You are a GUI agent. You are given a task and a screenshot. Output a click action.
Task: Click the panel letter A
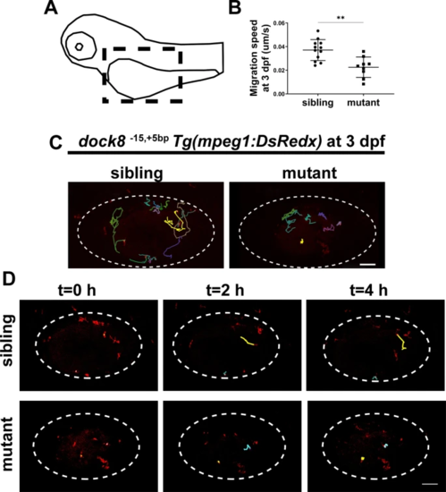click(x=51, y=7)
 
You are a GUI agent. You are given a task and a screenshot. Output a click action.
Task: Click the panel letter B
click(x=235, y=7)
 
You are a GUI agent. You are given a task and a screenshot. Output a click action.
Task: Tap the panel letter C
click(x=56, y=143)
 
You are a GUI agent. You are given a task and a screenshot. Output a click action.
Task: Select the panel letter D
click(x=8, y=279)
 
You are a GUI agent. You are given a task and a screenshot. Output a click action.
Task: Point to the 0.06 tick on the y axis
click(x=279, y=23)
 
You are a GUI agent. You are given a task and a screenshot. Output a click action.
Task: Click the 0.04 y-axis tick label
click(x=279, y=47)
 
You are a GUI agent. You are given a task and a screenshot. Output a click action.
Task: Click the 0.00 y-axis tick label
click(x=279, y=94)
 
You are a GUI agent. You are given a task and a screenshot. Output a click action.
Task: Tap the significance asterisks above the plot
click(x=341, y=18)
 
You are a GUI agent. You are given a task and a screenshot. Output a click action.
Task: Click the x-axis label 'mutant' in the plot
click(x=363, y=103)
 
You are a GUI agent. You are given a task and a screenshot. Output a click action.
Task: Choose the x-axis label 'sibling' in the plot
click(x=317, y=103)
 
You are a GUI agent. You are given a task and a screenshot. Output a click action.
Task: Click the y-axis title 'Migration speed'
click(x=254, y=58)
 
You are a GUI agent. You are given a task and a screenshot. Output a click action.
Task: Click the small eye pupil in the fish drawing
click(x=79, y=47)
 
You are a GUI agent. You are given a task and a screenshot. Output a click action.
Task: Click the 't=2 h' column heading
click(x=225, y=291)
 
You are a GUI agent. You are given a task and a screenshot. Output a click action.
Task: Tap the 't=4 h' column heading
click(x=368, y=291)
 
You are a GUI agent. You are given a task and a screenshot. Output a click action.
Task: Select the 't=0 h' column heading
click(x=77, y=291)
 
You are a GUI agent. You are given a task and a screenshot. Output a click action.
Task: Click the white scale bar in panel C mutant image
click(x=368, y=264)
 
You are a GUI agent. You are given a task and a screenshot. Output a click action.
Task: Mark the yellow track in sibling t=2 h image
click(x=248, y=341)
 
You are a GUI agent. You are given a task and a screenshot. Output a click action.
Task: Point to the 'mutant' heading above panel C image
click(x=309, y=174)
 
